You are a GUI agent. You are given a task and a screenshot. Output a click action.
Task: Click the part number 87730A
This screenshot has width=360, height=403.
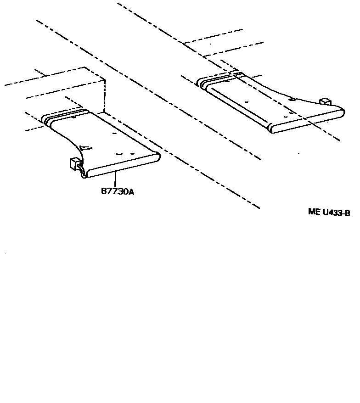click(118, 192)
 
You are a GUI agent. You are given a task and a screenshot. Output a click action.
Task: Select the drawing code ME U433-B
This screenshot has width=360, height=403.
click(329, 213)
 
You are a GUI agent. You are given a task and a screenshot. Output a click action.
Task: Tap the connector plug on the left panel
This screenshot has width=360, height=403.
click(73, 163)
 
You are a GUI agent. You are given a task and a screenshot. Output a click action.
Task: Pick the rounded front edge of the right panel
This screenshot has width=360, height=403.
click(308, 120)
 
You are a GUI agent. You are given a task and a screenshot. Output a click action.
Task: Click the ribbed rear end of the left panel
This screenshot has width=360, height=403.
click(64, 115)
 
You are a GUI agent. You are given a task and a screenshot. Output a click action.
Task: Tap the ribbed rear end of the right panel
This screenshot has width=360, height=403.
click(220, 79)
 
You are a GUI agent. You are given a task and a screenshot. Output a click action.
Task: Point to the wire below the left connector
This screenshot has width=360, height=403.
click(81, 173)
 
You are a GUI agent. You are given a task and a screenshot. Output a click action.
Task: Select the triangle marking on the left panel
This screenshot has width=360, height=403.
click(86, 147)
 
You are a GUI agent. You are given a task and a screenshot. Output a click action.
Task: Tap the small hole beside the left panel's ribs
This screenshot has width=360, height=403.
click(74, 118)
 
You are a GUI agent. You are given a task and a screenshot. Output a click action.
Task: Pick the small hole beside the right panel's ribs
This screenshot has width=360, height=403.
click(228, 83)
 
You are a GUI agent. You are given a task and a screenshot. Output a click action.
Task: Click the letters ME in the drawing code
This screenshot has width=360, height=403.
click(314, 213)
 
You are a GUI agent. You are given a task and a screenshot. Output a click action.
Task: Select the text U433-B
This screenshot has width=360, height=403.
click(337, 213)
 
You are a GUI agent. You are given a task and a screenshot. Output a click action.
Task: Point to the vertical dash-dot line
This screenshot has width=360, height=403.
click(105, 96)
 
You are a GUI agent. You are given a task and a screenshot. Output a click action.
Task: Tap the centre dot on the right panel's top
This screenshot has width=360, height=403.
click(247, 101)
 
